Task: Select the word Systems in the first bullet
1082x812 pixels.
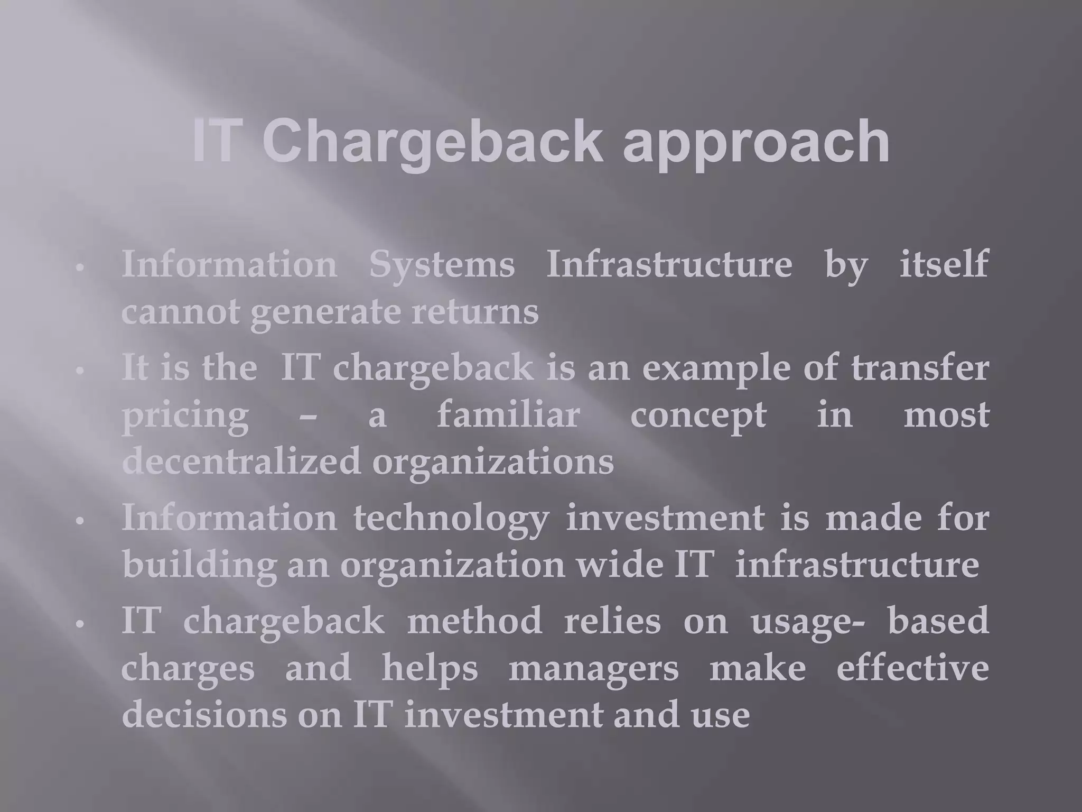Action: [x=442, y=264]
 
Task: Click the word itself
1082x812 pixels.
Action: [x=944, y=264]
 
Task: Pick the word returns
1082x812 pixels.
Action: [x=475, y=312]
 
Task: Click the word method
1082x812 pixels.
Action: [x=474, y=621]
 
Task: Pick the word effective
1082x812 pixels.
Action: [x=912, y=667]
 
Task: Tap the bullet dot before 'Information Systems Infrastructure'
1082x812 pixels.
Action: [x=80, y=268]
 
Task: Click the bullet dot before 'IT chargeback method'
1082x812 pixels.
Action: [x=80, y=624]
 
